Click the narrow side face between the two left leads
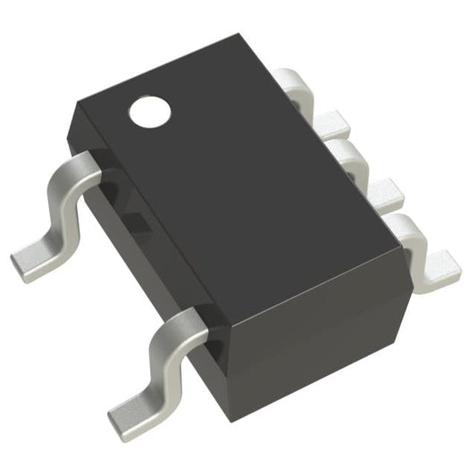pos(143,250)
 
